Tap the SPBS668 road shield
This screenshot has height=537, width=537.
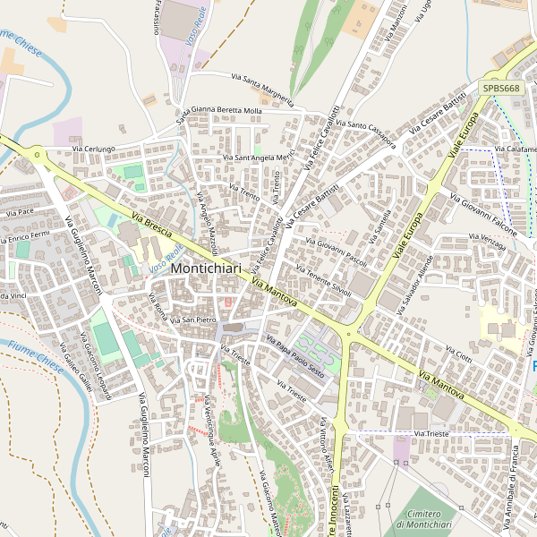pyautogui.click(x=501, y=88)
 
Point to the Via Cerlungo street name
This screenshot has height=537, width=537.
pyautogui.click(x=94, y=149)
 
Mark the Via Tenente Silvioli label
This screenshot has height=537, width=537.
pyautogui.click(x=323, y=283)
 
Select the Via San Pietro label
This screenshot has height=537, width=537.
pyautogui.click(x=194, y=320)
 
